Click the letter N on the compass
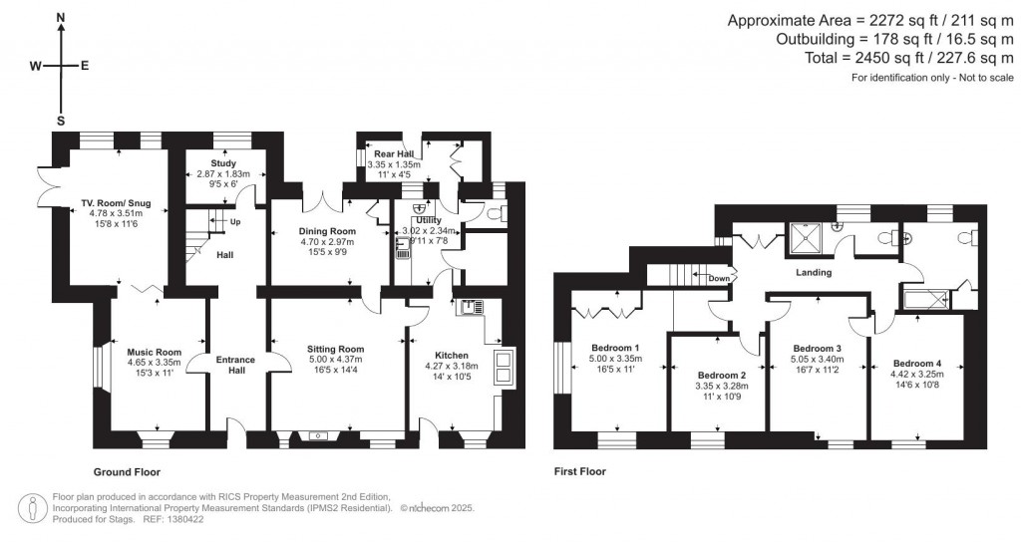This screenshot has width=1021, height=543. [x=62, y=18]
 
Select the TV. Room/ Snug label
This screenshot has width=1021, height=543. [x=112, y=202]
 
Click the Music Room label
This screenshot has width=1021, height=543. [x=154, y=352]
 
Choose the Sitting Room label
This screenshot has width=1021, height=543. [x=335, y=350]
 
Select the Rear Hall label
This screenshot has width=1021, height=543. [x=394, y=154]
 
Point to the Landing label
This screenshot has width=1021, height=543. [x=814, y=272]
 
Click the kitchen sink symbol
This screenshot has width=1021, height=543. [x=470, y=308]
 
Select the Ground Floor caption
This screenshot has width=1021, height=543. [x=127, y=472]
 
